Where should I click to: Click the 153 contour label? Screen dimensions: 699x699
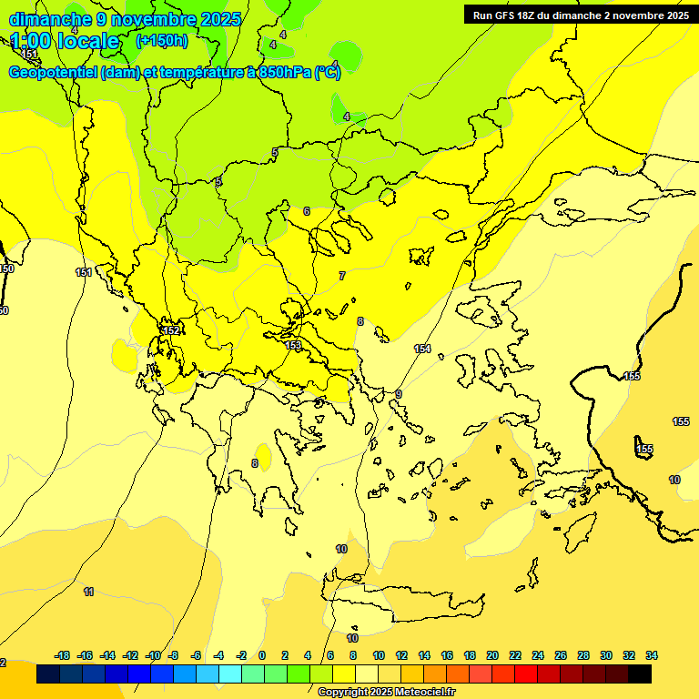coord(293,345)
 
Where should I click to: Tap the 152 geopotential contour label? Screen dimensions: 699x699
coord(170,329)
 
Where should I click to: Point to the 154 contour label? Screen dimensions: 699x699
coord(422,349)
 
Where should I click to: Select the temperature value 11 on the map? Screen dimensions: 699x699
coord(88,592)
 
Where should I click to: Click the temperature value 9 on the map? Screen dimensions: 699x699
coord(399,393)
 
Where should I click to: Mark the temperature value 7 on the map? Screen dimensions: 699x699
coord(342,275)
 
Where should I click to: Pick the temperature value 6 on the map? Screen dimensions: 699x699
coord(307,211)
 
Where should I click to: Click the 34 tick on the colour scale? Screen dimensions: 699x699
coord(652,655)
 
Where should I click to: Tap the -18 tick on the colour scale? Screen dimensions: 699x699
coord(63,655)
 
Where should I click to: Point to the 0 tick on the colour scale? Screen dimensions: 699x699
coord(262,655)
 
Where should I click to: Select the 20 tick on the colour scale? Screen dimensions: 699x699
coord(492,655)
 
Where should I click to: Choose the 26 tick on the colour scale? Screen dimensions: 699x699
coord(561,655)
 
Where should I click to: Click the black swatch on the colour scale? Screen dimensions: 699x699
coord(640,674)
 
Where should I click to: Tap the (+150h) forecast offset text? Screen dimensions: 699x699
coord(162,40)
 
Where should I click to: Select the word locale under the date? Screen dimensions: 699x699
coord(88,41)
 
